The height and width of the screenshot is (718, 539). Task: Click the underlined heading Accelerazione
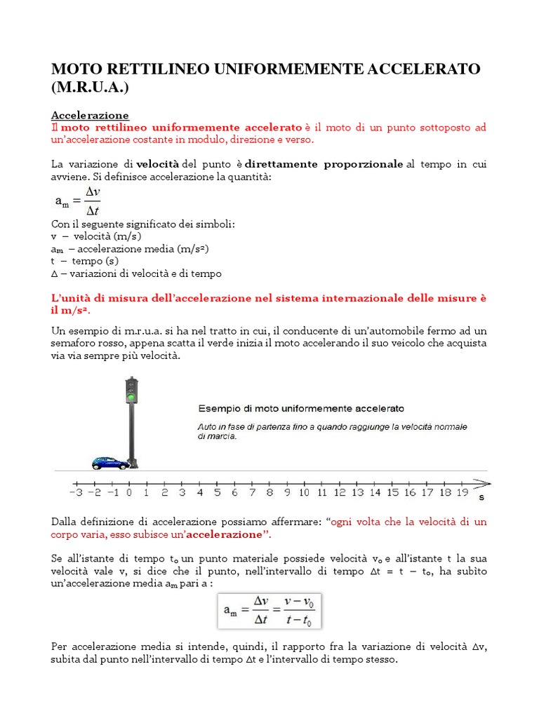(x=90, y=115)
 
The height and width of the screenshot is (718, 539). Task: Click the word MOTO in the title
(x=76, y=69)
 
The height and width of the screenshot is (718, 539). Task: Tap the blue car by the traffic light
(x=110, y=463)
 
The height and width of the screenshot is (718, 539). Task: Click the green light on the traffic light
(x=131, y=398)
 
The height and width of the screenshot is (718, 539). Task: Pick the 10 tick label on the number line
(x=303, y=493)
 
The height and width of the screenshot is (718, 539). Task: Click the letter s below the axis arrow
(x=481, y=499)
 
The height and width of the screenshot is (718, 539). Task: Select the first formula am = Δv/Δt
(x=78, y=201)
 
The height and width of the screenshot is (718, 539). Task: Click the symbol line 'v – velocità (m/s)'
(x=96, y=236)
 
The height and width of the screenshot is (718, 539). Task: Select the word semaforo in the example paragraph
(x=76, y=344)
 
